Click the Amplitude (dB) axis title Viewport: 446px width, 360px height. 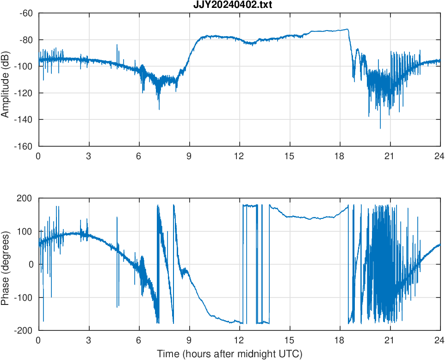[6, 80]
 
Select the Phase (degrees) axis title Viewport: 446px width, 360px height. [6, 264]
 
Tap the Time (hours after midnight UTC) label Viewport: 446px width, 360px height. [229, 354]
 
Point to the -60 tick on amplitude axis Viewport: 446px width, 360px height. [26, 13]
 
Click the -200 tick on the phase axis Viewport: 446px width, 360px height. [26, 330]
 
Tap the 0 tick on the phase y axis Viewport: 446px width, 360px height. [31, 264]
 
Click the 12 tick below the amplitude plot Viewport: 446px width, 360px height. [239, 156]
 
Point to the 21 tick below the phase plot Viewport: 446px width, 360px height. [390, 340]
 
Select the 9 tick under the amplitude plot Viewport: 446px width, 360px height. [189, 156]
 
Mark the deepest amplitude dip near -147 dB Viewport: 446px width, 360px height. [380, 128]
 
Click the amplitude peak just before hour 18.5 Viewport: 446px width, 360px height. [347, 29]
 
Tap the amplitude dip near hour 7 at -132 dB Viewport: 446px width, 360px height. [159, 109]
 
